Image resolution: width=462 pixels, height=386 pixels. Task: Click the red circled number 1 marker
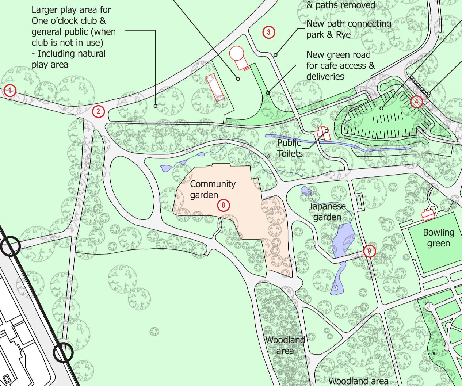point(10,90)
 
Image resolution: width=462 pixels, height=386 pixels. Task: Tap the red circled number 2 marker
point(99,112)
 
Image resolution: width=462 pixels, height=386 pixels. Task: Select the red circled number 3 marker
point(268,32)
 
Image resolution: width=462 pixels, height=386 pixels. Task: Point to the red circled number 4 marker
point(416,102)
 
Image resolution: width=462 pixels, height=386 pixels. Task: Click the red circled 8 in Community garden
point(224,205)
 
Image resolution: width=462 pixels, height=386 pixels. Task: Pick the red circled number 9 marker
point(370,251)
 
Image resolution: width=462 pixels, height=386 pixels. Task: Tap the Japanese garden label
point(327,212)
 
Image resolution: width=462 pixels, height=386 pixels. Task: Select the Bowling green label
point(438,238)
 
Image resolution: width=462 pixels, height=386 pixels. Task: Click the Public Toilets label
point(289,148)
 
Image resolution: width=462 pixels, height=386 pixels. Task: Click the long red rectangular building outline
point(215,88)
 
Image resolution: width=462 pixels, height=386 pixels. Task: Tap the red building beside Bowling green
point(428,215)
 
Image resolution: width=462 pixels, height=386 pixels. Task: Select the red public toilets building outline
point(323,133)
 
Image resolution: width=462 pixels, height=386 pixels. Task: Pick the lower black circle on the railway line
point(64,353)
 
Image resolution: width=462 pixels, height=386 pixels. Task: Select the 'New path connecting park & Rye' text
point(348,29)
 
